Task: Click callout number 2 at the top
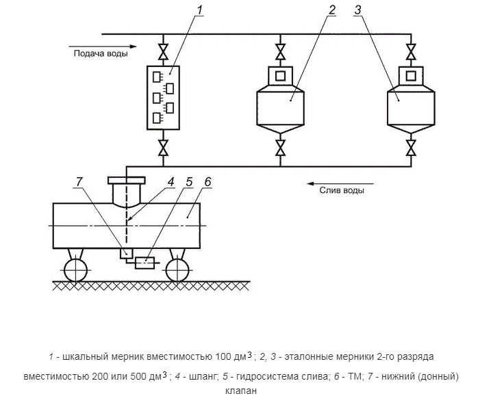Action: [x=331, y=10]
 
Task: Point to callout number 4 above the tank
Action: [x=171, y=183]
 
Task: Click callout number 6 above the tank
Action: [x=208, y=183]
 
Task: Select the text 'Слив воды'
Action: [x=342, y=191]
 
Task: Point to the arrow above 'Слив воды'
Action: [x=340, y=183]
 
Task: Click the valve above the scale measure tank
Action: [x=163, y=52]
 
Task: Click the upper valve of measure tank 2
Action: [x=280, y=52]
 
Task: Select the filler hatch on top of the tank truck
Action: [x=127, y=181]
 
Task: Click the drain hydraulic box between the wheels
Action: [x=145, y=262]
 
